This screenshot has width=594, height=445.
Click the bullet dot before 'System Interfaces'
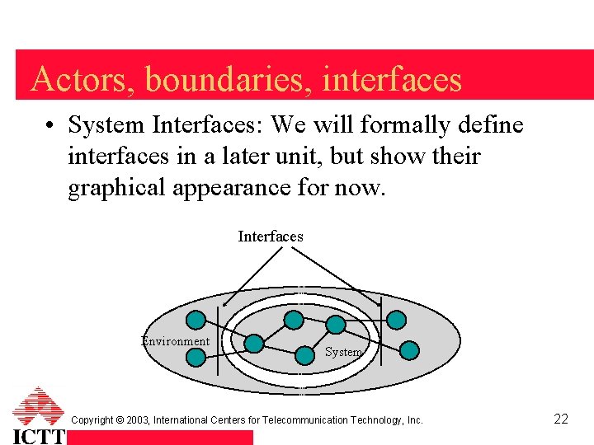(x=51, y=126)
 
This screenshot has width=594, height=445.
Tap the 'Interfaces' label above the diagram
(x=271, y=237)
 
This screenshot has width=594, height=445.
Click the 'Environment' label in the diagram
(x=176, y=341)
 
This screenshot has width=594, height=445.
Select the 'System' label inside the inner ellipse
(x=343, y=352)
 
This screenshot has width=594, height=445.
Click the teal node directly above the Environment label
(x=196, y=320)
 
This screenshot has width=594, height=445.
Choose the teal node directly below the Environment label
(x=196, y=357)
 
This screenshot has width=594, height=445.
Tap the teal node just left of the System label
(x=255, y=343)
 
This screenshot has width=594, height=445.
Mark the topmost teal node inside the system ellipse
(x=293, y=319)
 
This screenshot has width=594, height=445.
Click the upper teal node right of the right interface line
(x=397, y=320)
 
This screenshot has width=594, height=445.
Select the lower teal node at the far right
(x=410, y=351)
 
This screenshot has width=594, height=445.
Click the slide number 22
(x=561, y=419)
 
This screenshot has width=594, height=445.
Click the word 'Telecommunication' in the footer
(x=328, y=420)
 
